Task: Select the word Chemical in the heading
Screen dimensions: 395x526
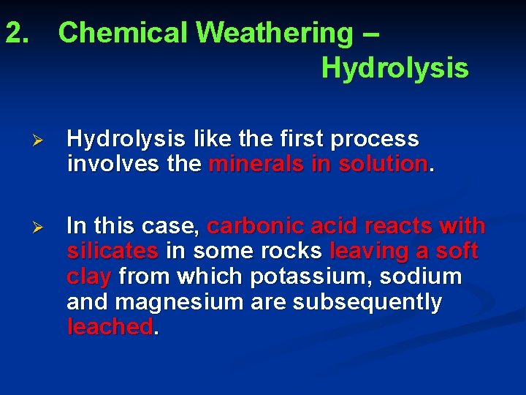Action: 123,33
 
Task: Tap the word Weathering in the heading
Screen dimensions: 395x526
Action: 273,33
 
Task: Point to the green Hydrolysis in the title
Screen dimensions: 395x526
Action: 394,68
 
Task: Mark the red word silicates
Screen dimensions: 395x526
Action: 113,251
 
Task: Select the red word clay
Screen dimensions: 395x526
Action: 89,277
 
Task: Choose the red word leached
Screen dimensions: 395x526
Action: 110,327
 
